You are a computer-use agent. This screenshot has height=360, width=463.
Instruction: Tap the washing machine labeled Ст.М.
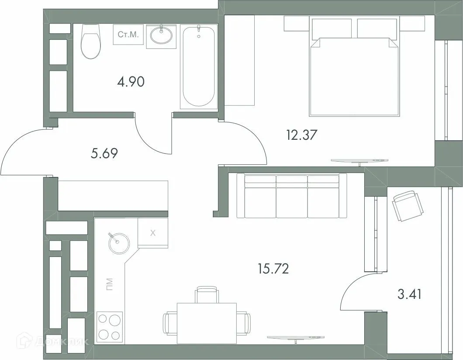[x=128, y=35]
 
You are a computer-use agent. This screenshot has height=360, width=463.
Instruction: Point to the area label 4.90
[x=131, y=82]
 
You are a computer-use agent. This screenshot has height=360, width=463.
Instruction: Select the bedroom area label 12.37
[x=301, y=135]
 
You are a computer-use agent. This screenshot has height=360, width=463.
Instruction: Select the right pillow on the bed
[x=377, y=28]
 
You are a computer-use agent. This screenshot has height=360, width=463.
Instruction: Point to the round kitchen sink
[x=119, y=243]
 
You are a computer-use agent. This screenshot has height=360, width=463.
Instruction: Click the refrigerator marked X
[x=153, y=233]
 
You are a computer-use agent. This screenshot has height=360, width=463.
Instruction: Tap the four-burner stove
[x=109, y=327]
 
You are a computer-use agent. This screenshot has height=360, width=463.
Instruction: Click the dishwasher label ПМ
[x=109, y=284]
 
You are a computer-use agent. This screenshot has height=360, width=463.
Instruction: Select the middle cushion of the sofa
[x=292, y=196]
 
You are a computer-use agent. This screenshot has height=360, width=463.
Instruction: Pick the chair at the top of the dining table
[x=207, y=294]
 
